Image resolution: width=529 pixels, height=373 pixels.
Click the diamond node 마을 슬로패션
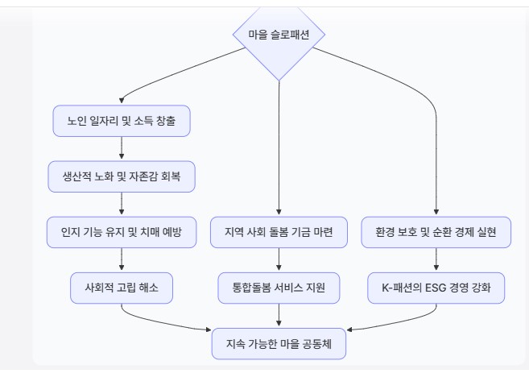[x=279, y=35]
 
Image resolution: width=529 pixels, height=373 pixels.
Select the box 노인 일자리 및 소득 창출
[x=122, y=121]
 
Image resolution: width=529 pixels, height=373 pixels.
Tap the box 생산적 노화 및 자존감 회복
[x=122, y=176]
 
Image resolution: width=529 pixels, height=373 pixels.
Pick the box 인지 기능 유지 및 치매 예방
[x=122, y=232]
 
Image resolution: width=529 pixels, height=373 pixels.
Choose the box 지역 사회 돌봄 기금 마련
[x=279, y=232]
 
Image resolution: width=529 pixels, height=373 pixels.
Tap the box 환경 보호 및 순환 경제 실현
[x=436, y=232]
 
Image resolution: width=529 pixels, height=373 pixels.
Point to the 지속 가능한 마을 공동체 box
[x=279, y=343]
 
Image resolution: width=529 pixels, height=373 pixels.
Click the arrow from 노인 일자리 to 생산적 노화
[x=122, y=148]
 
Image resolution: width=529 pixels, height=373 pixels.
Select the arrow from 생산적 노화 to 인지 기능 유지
[x=122, y=204]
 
